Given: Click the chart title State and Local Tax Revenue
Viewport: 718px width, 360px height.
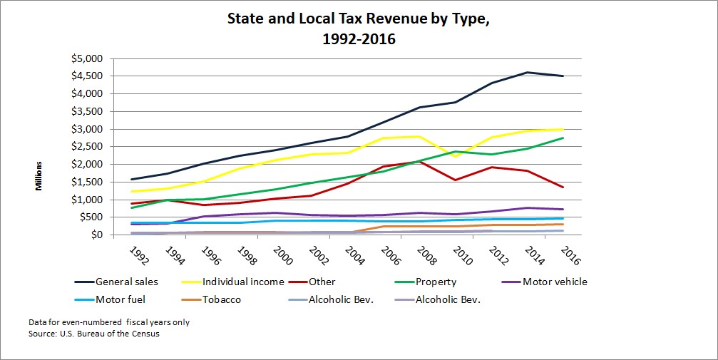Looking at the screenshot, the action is coord(359,29).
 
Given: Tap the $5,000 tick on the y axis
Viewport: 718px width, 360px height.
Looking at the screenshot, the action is coord(87,58).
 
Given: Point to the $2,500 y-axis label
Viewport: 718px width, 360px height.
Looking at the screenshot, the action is coord(87,147).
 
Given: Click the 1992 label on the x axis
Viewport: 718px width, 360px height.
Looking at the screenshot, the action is coord(138,256).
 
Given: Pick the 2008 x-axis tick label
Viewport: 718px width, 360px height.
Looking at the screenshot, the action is coord(426,256).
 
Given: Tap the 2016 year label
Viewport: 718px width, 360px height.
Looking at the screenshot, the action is coord(570,256).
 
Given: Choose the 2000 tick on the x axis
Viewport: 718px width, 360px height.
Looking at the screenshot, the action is coord(282,256).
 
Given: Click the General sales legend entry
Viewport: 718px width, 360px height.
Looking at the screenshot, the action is coord(116,282).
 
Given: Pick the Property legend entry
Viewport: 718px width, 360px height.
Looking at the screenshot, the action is coord(426,282).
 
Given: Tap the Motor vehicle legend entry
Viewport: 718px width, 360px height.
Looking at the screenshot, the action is coord(545,282).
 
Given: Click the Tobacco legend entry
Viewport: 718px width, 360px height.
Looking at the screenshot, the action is coord(211,300).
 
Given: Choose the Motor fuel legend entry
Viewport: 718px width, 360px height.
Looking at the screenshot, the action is coord(110,300).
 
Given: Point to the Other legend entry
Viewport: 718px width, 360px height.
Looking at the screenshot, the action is coord(312,282).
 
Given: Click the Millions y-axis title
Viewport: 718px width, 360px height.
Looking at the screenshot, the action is coord(39,176).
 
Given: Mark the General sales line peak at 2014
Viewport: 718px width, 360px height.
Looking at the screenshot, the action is coord(527,73).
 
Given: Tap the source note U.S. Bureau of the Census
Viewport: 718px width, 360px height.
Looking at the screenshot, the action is coord(94,334).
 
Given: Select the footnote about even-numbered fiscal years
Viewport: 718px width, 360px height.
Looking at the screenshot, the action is coord(109,322).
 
